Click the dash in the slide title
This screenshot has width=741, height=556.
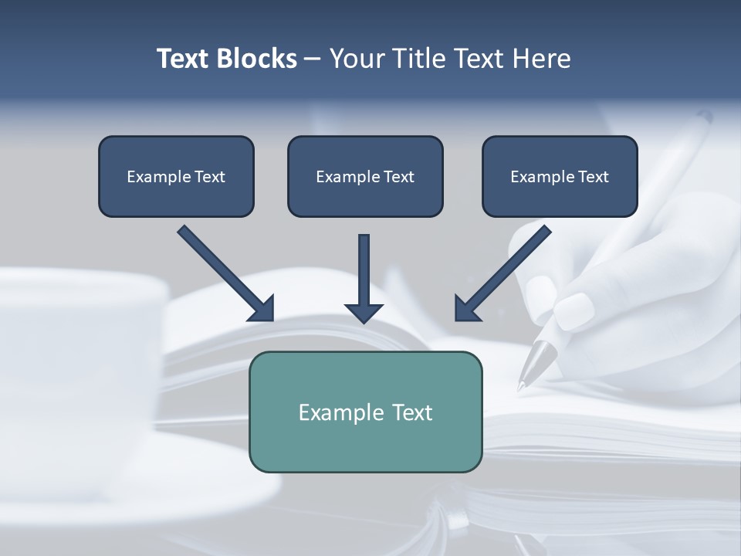tap(313, 59)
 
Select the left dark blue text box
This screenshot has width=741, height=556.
tap(176, 176)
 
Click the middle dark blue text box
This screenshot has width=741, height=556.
tap(365, 176)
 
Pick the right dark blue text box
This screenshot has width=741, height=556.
tap(560, 176)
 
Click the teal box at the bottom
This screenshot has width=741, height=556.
tap(365, 412)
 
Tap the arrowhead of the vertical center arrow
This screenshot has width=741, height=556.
tap(364, 312)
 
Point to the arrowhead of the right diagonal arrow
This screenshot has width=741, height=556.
tap(466, 309)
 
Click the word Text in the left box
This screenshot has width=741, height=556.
tap(209, 177)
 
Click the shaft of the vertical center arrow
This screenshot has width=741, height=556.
tap(364, 266)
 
